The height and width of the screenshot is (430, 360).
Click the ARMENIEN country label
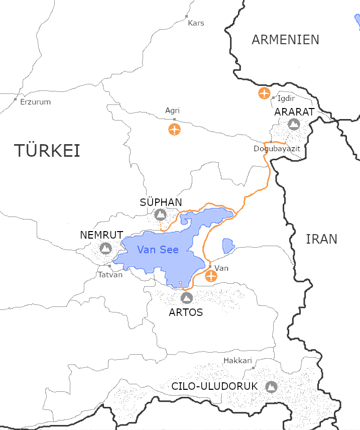click(x=285, y=40)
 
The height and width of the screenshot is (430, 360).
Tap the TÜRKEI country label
click(x=47, y=151)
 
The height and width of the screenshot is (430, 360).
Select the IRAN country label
click(x=321, y=239)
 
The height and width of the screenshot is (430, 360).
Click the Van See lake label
click(x=158, y=250)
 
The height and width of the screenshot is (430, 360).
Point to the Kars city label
click(x=196, y=23)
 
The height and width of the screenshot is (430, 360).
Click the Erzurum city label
click(x=35, y=102)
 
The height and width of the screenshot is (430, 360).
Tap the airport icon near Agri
click(x=174, y=129)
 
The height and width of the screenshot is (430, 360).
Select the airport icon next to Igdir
click(x=264, y=93)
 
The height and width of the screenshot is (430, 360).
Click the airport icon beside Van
click(x=211, y=276)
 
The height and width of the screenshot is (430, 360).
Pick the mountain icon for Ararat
click(x=294, y=124)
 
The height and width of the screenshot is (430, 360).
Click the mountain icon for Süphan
click(x=160, y=215)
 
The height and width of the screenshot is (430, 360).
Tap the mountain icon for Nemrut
click(x=105, y=248)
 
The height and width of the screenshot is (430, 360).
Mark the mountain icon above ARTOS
click(x=187, y=298)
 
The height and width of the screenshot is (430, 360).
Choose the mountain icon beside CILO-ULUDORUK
click(x=271, y=387)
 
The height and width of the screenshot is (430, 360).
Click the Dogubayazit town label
click(x=277, y=149)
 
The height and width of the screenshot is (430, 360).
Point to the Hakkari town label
click(x=237, y=361)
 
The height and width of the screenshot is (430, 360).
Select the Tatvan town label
click(x=110, y=275)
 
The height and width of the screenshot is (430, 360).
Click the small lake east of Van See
click(x=228, y=245)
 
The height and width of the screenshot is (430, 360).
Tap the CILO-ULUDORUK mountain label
click(x=214, y=387)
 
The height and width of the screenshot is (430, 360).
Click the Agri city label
click(x=172, y=111)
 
